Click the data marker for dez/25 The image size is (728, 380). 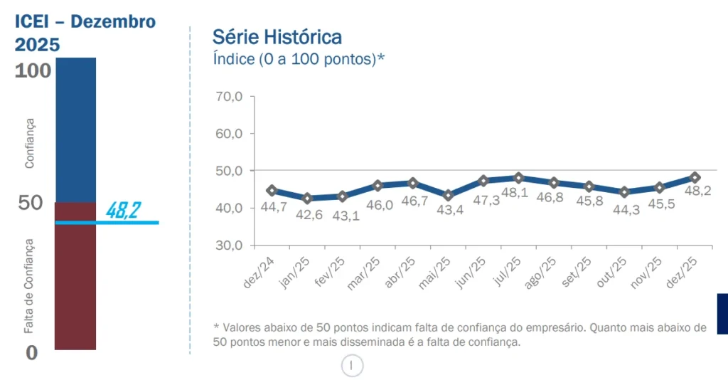(695, 177)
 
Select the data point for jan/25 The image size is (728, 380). (307, 198)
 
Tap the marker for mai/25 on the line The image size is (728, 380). (448, 195)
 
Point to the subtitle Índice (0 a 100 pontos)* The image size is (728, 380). (299, 58)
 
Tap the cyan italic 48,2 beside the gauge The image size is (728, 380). (122, 210)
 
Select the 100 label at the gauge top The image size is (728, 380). (33, 70)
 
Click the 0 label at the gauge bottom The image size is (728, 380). (31, 352)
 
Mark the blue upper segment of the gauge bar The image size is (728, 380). (75, 128)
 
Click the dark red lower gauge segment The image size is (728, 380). (75, 285)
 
